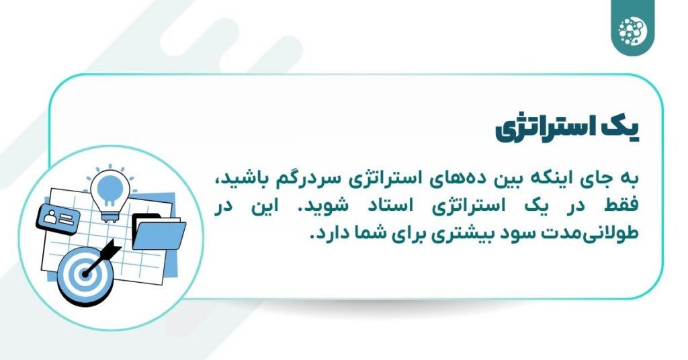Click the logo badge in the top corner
(x=632, y=28)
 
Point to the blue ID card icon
(x=59, y=216)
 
